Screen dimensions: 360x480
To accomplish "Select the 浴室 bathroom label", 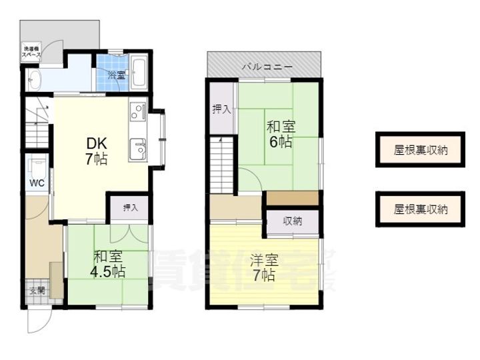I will point(116,75).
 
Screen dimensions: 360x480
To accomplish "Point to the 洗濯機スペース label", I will point(32,53).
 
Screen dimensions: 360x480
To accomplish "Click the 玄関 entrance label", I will point(37,291).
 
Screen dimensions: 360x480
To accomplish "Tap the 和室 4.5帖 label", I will point(109,263).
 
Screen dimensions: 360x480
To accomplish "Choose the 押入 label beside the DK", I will point(130,208).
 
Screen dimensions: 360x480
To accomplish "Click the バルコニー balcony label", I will point(265,67).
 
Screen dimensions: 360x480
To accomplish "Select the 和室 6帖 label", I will point(280,133).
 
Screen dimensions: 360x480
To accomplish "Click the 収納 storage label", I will point(293,221).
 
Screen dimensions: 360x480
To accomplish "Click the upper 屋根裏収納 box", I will point(420,150).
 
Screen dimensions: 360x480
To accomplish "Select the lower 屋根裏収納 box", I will point(420,209).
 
